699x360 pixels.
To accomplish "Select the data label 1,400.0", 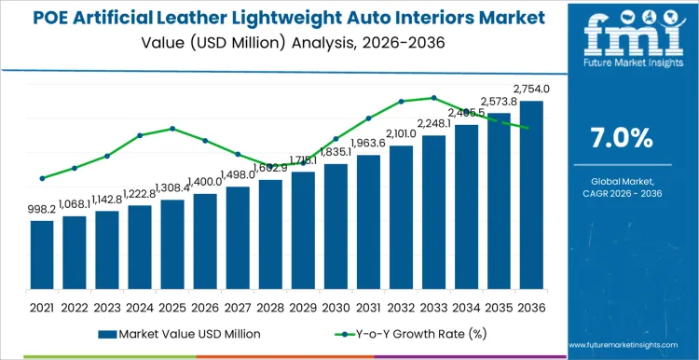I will (x=205, y=182).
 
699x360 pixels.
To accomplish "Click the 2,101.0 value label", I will (x=401, y=133).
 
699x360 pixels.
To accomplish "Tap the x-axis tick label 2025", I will (x=172, y=306).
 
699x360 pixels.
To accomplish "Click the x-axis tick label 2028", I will (x=270, y=306).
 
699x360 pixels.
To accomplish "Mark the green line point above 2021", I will (x=42, y=178).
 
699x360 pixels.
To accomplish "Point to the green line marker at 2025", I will (x=172, y=129).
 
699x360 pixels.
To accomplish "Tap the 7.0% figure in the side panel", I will (x=622, y=138).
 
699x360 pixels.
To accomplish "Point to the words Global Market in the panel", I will (x=622, y=181).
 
